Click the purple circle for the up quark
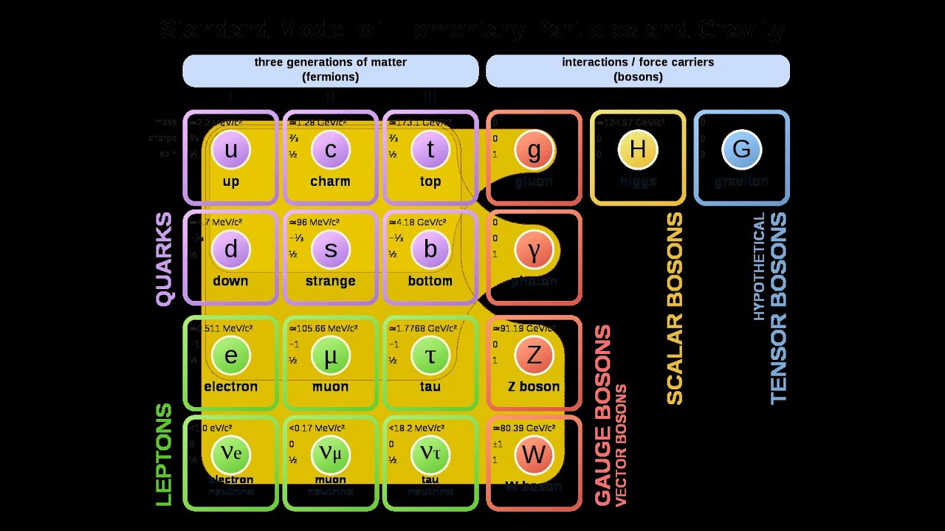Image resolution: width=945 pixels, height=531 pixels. [231, 150]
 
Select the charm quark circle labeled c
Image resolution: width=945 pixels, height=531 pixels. [330, 150]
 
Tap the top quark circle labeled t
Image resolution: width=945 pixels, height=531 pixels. [430, 150]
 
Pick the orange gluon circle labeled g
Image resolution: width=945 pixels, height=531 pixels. [534, 150]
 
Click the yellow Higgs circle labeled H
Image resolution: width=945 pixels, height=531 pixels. [638, 150]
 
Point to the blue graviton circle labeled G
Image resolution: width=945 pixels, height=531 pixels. [741, 150]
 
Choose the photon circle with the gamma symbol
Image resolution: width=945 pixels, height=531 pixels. [534, 250]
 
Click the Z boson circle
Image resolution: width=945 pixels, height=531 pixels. [534, 355]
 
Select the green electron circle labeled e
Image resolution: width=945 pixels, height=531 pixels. [231, 355]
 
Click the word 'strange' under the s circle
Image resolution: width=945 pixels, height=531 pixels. [330, 281]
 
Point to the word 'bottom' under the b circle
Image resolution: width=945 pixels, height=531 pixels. [430, 281]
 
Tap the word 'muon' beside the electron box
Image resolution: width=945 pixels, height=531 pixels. [330, 386]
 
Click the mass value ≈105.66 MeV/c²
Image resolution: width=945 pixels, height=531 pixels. [323, 327]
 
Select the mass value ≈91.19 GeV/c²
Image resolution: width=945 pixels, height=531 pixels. [523, 327]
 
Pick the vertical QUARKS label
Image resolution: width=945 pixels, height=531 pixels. [164, 259]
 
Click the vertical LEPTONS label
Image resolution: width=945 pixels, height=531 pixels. [164, 454]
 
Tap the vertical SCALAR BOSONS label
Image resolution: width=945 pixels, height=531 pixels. [675, 309]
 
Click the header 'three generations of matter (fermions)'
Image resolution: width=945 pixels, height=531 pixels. [330, 69]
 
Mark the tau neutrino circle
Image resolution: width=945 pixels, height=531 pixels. [430, 454]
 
